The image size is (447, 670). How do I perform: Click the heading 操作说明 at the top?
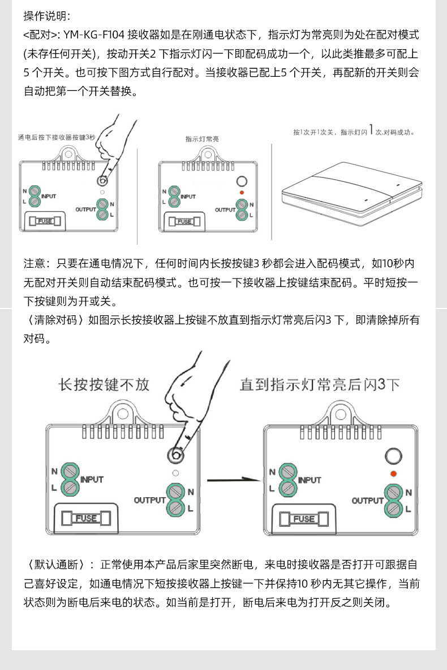click(46, 16)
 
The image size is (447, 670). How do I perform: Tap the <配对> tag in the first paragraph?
click(40, 35)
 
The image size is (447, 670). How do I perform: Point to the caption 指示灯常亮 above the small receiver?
click(202, 138)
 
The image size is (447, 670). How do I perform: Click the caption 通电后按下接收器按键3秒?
click(57, 138)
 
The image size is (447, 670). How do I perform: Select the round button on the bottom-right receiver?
click(393, 455)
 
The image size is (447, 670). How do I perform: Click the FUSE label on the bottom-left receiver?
click(86, 518)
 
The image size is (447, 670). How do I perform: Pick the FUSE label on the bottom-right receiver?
click(304, 519)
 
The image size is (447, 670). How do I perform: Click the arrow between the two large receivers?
click(232, 480)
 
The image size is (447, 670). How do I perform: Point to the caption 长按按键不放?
click(104, 385)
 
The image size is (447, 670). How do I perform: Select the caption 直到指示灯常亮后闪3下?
click(320, 385)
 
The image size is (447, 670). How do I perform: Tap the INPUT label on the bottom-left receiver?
click(92, 480)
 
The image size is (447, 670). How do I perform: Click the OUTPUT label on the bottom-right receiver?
click(367, 501)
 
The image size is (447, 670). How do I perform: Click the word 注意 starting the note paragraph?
click(35, 263)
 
